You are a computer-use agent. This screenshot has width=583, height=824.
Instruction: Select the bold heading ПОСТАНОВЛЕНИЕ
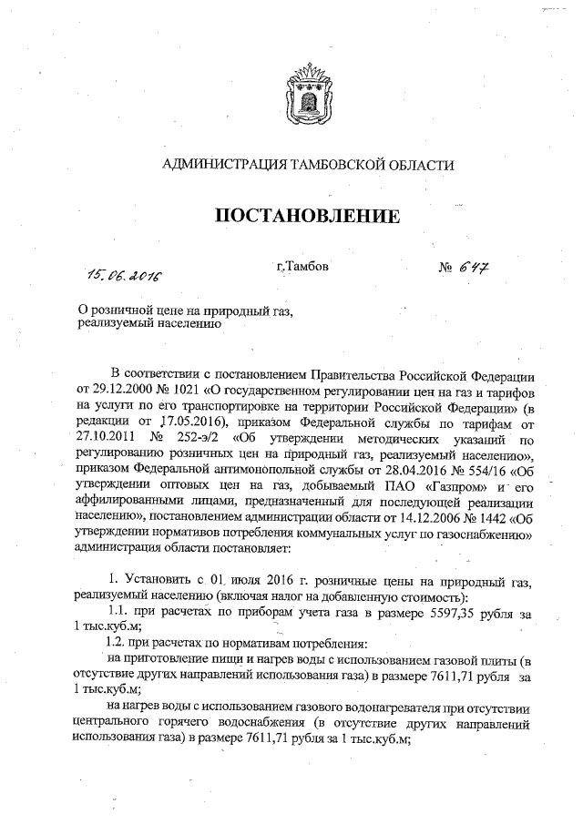pos(307,217)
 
